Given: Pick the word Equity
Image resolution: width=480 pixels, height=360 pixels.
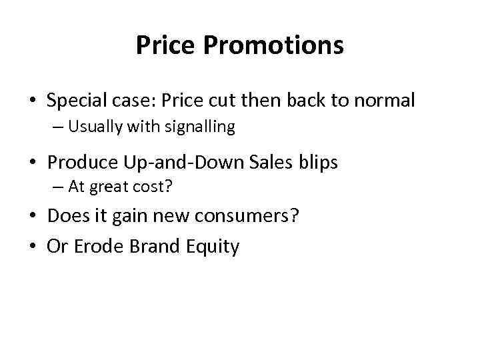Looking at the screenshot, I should tap(213, 247).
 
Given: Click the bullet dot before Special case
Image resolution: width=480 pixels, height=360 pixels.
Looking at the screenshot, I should tap(32, 102).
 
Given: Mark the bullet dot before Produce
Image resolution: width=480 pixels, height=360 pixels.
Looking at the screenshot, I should tap(32, 162).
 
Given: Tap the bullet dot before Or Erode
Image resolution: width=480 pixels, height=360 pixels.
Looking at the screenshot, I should tap(32, 247).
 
